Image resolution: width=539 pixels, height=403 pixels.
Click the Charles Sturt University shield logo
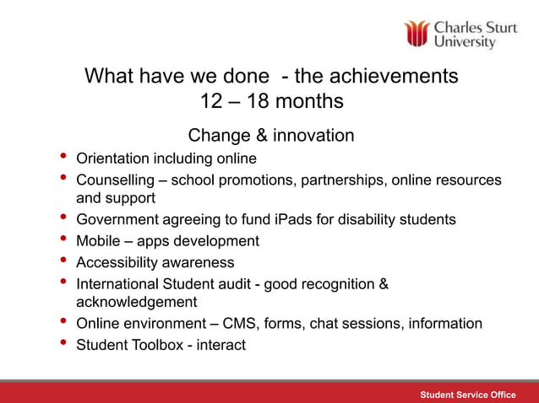[x=416, y=34]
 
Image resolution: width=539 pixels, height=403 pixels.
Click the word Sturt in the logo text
[x=499, y=27]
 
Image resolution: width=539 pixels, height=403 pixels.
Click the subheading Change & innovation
[x=270, y=135]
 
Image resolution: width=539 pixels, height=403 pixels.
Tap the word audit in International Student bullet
[x=238, y=284]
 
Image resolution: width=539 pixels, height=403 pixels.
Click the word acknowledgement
[x=136, y=302]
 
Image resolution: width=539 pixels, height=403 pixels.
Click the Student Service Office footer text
[x=468, y=395]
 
